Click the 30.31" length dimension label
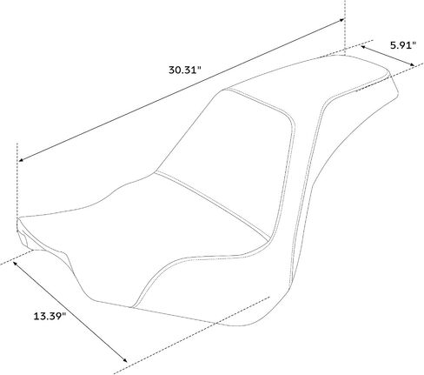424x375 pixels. click(184, 70)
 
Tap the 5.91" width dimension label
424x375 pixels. click(403, 45)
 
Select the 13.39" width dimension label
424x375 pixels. click(50, 316)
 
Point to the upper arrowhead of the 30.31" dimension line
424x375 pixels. click(341, 20)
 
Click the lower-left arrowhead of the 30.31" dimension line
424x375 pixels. click(22, 159)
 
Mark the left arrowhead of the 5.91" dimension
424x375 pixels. click(363, 46)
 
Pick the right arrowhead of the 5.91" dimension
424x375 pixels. click(412, 65)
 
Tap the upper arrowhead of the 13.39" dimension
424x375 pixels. click(15, 264)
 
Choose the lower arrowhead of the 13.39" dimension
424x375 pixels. click(124, 360)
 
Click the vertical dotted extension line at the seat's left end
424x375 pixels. click(17, 180)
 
